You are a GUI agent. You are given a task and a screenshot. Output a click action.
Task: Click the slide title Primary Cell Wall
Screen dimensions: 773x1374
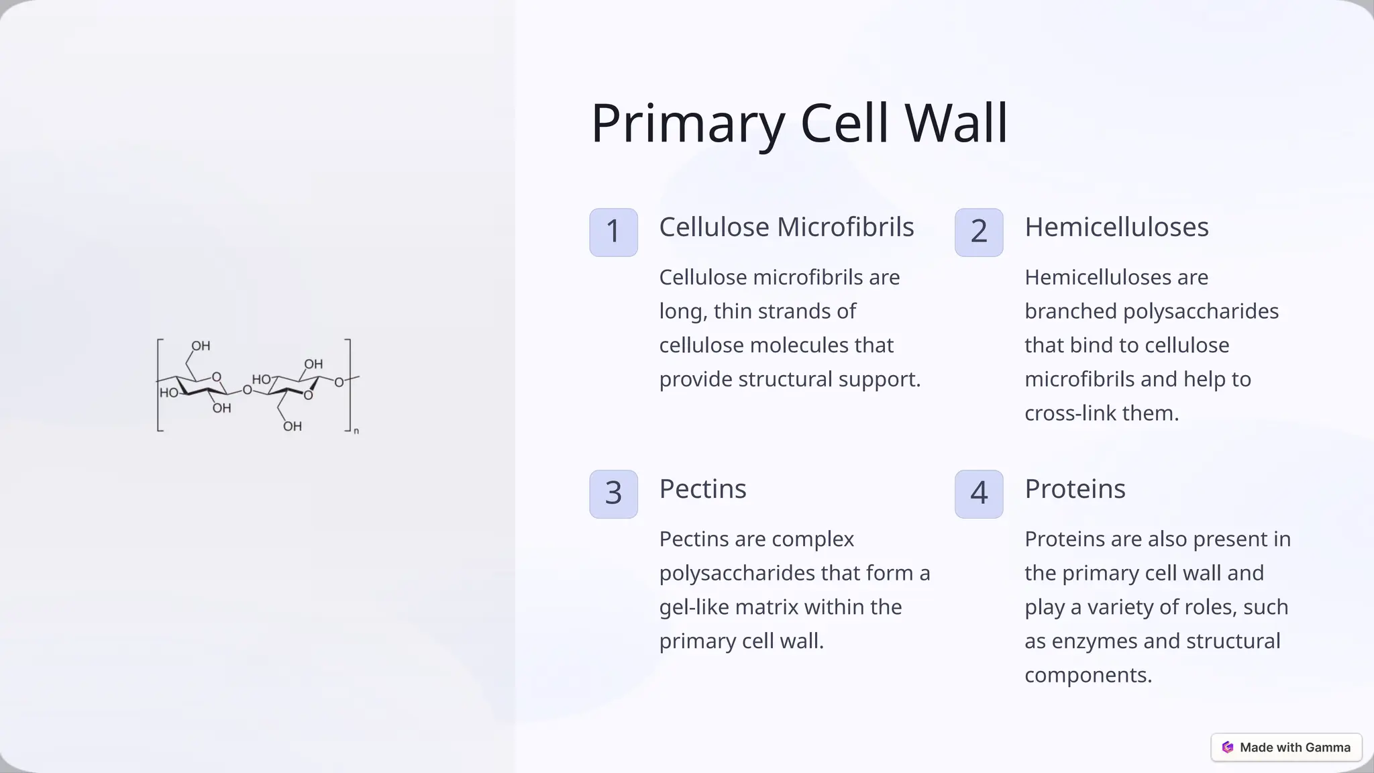[798, 123]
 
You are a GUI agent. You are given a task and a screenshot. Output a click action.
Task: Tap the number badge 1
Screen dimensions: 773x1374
[613, 232]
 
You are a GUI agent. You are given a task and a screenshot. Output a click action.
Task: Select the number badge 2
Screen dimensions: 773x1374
[979, 232]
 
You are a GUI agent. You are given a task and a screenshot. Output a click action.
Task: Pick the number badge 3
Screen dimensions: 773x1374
[613, 494]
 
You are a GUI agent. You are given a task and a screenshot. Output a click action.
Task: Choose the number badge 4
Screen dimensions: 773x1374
[979, 494]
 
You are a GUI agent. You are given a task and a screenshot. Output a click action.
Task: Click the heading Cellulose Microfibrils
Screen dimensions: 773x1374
[786, 227]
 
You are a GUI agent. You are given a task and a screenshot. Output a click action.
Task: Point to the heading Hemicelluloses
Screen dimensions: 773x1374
[1116, 227]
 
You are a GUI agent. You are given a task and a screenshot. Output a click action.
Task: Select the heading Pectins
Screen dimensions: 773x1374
[702, 488]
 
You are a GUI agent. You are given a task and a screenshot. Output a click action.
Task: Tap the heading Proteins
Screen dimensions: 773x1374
[1075, 488]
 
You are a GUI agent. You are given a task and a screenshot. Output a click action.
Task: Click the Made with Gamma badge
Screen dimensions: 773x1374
[1286, 748]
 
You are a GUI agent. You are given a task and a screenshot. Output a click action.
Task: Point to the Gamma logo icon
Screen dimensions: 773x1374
[1228, 748]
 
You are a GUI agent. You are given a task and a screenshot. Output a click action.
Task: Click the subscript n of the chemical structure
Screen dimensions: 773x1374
[356, 431]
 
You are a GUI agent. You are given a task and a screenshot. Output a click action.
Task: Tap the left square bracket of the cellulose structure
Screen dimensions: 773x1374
[159, 385]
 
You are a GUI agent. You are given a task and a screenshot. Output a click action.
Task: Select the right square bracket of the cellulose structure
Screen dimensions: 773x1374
[348, 385]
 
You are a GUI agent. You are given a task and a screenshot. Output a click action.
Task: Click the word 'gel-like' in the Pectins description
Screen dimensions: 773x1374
[694, 607]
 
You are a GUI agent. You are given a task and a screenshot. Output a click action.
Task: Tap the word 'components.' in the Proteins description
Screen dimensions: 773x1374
[1088, 675]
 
